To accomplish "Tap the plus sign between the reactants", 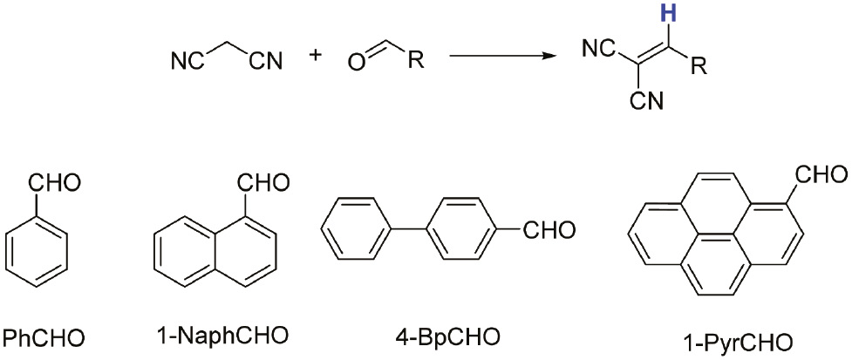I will click(x=315, y=56).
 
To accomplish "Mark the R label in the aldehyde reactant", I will click(x=417, y=62).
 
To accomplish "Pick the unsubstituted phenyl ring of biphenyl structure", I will click(x=354, y=230).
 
